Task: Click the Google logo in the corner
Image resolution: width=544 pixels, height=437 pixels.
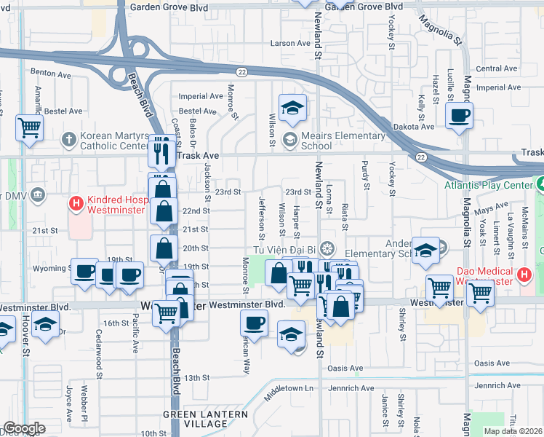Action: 23,428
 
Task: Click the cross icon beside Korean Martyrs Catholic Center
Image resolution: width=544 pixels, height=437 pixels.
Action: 68,138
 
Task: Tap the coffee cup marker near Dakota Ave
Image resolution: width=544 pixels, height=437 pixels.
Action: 460,115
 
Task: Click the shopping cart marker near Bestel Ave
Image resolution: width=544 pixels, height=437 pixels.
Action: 30,127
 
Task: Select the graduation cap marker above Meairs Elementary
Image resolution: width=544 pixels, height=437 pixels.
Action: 292,109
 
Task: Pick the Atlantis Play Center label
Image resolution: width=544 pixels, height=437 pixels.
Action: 493,185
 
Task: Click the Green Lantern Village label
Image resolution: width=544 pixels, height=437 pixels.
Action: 205,419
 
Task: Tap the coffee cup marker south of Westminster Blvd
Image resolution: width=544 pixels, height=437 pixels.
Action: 255,322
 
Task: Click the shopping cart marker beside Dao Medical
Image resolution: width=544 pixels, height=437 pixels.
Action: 480,292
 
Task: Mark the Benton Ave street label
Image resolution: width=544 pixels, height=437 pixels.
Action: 50,74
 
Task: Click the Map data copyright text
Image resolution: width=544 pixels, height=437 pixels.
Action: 511,431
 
